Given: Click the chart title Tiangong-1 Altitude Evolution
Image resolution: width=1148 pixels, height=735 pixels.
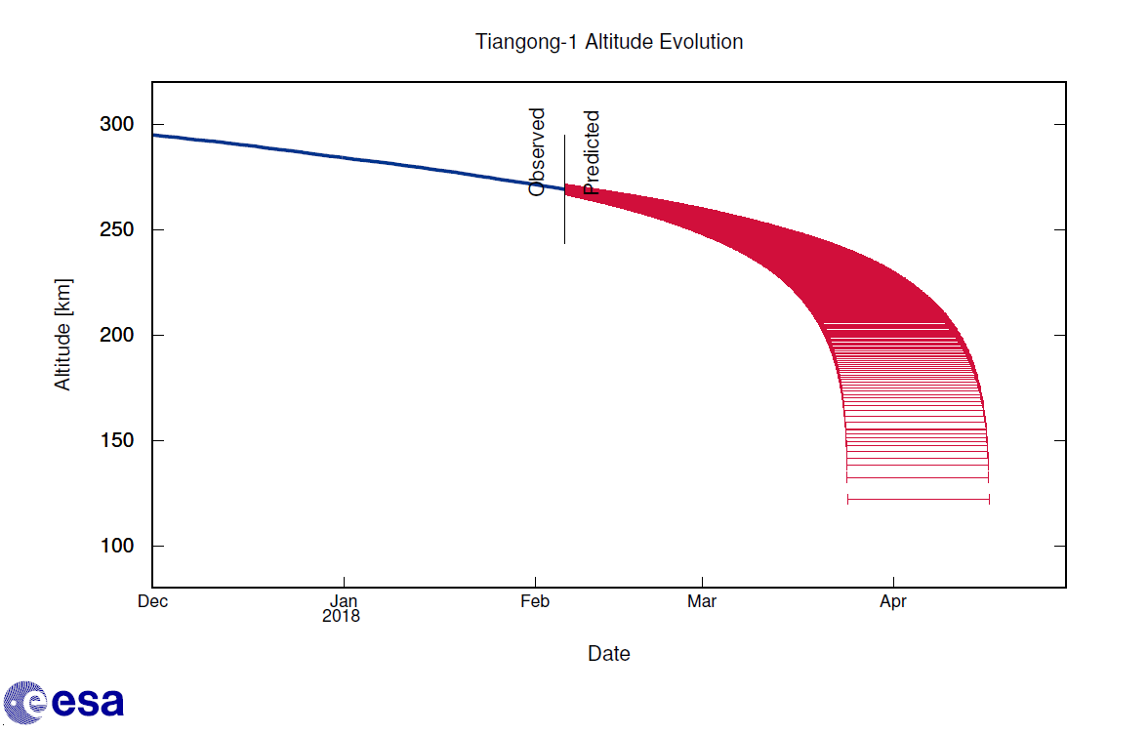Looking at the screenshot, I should [x=609, y=42].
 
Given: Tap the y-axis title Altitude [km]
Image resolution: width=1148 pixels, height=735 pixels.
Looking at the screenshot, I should [x=63, y=335].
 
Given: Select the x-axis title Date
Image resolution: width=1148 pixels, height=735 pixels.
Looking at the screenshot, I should [x=608, y=654].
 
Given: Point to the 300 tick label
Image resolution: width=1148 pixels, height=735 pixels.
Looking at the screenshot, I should [x=118, y=125].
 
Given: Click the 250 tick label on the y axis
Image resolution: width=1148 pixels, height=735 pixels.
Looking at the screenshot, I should [x=118, y=230].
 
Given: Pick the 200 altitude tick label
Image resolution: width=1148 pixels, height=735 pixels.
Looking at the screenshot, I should [x=118, y=336].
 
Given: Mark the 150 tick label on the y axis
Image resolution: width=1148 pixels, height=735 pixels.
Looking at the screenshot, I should [x=118, y=441].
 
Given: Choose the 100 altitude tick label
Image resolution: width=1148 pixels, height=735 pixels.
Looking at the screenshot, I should [x=118, y=547].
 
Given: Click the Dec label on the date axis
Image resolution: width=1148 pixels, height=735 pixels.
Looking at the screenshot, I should [x=152, y=601].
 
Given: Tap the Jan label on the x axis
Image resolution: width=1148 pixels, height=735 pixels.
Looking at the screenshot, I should [x=344, y=601].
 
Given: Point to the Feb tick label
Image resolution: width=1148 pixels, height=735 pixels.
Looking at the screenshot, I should [x=535, y=601].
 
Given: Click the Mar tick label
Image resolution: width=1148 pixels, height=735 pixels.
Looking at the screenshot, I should [x=702, y=601].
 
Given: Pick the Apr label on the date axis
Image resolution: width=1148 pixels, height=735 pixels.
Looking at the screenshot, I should [x=893, y=601].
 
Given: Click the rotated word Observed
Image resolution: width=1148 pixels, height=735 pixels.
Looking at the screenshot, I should [x=537, y=152].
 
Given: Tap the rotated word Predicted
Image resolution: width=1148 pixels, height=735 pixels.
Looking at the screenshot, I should [x=592, y=153].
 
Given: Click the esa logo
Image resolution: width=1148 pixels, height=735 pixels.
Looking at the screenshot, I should [x=63, y=703].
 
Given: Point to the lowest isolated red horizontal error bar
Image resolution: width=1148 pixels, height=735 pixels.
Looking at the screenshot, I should [x=918, y=500].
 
